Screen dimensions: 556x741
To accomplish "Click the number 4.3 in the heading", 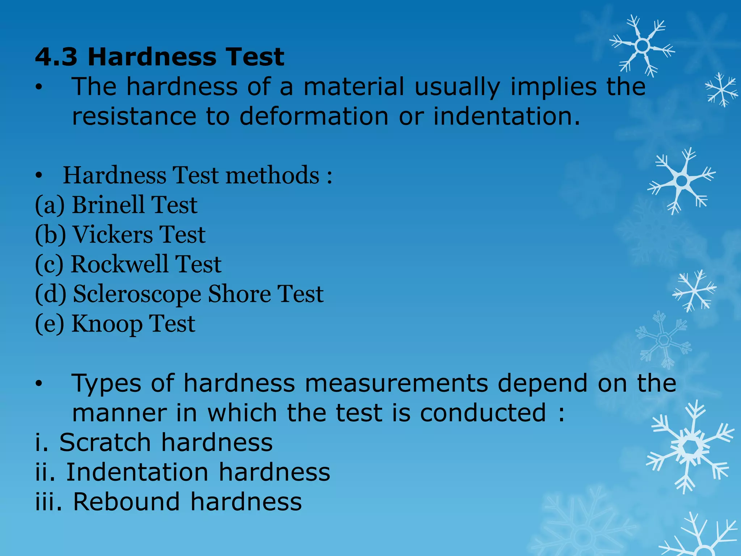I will pos(56,57).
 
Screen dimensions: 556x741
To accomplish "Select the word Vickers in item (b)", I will pos(113,235).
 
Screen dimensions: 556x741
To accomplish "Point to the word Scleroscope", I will pos(137,294).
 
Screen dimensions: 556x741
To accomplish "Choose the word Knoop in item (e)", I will pos(107,324).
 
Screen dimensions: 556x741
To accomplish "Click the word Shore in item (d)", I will pos(239,294).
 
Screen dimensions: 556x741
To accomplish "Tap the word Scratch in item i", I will pos(105,442).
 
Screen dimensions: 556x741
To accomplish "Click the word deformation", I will pos(314,117).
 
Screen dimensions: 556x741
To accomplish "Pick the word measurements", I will pos(396,383).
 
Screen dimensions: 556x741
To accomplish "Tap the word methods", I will pos(272,176).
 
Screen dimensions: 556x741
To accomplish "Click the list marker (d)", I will pos(51,294).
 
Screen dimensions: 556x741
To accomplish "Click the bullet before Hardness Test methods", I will pos(39,176).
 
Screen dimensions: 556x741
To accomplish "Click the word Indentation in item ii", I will pos(137,472).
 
